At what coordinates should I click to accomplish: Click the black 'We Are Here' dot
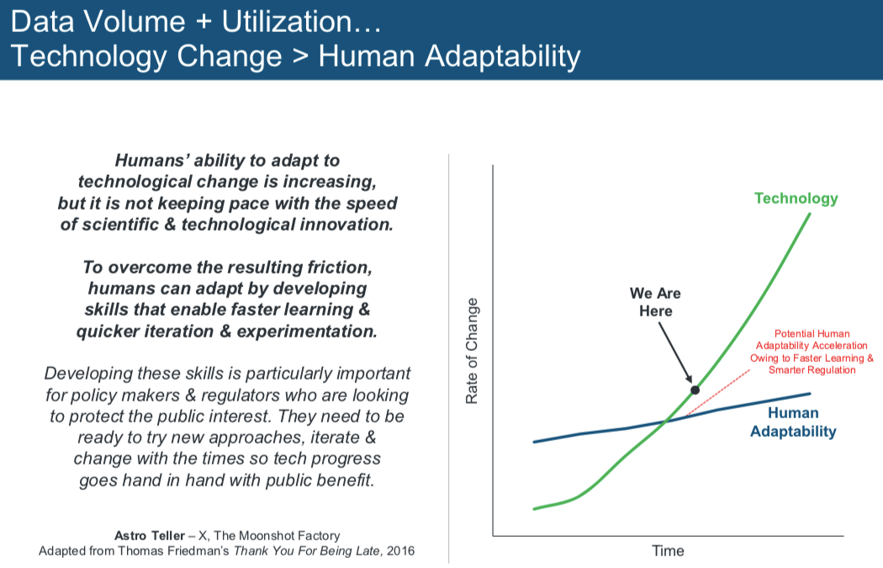coord(695,390)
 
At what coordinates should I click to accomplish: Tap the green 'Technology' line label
coord(796,199)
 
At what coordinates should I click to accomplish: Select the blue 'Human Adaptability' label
coord(793,422)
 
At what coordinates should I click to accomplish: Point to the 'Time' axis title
coord(669,551)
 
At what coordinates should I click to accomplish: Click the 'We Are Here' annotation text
coord(655,302)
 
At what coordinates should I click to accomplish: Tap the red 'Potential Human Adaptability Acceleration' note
coord(812,352)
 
